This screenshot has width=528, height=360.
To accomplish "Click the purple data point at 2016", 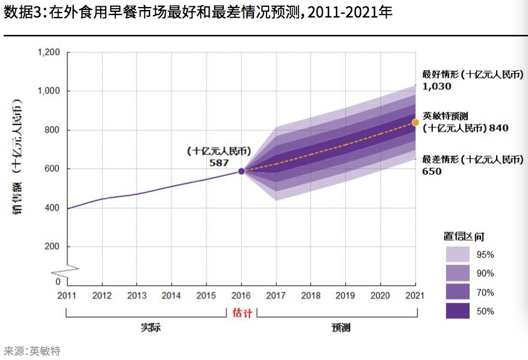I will [x=241, y=171].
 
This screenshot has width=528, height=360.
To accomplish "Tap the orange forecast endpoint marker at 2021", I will [x=415, y=122].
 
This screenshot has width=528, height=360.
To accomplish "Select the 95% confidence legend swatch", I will [x=457, y=254].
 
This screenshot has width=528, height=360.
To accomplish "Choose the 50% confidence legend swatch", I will [x=457, y=311].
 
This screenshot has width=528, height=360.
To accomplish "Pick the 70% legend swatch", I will [x=457, y=292].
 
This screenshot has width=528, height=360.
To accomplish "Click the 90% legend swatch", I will [x=457, y=273].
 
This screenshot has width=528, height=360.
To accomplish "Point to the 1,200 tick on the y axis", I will [x=49, y=53].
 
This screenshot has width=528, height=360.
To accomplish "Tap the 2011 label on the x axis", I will [x=67, y=296].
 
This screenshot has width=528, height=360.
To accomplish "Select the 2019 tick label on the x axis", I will [x=345, y=296].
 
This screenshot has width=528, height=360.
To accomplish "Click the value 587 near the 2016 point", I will [x=220, y=162].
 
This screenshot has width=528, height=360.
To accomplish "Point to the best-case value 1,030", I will [x=437, y=86].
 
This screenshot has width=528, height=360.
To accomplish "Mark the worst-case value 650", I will [x=432, y=171].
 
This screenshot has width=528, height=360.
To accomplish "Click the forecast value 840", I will [x=499, y=128].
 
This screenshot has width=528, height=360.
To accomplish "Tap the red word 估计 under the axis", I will [x=242, y=312].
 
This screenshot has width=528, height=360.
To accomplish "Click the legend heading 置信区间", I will [x=464, y=237].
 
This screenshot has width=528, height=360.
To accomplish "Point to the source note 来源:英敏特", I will [x=32, y=351].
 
